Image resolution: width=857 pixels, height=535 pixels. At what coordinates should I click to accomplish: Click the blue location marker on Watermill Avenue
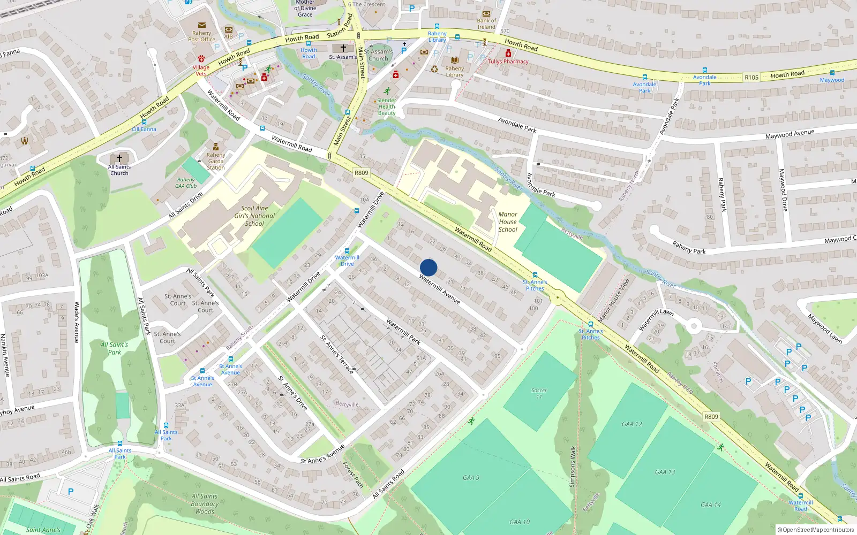428,267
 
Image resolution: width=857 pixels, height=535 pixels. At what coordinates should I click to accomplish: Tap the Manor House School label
508,222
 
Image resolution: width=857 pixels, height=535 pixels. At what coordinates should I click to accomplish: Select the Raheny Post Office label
201,36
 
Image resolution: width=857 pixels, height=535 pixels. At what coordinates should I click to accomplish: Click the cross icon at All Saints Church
119,158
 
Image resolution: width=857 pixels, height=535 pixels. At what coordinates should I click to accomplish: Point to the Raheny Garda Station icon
216,147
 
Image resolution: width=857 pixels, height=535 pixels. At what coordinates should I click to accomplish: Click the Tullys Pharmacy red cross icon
508,53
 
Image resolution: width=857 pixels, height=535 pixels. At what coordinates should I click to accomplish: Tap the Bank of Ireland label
486,24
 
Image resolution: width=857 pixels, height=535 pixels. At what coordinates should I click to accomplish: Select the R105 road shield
751,78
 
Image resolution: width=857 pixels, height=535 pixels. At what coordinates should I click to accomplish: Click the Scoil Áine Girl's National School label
254,216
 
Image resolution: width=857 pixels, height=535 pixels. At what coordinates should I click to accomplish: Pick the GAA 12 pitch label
632,424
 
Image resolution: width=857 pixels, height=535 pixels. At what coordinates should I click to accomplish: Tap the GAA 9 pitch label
471,478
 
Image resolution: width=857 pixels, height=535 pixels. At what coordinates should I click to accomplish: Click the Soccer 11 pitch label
539,393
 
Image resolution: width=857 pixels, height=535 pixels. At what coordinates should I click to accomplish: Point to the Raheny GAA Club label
186,183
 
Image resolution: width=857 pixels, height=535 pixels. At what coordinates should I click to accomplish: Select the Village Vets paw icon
201,58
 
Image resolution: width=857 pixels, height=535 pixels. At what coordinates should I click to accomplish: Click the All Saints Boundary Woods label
205,504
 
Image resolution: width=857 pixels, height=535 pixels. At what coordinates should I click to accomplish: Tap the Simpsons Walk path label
573,467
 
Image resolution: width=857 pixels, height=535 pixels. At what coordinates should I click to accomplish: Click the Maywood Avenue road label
790,134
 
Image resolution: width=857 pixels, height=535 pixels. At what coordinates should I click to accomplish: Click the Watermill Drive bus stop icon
347,251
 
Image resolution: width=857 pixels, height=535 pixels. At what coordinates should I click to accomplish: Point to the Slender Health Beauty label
387,106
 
